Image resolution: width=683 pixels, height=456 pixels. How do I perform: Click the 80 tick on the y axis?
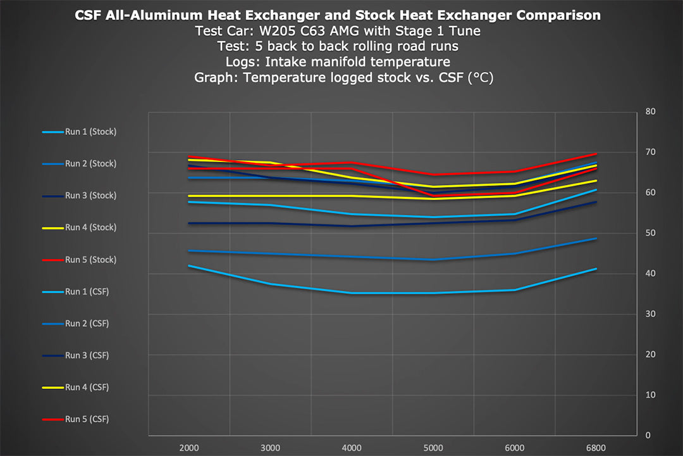[x=650, y=112]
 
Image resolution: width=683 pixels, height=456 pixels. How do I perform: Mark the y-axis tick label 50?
[x=650, y=233]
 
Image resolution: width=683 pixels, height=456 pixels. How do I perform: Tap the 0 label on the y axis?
[x=648, y=435]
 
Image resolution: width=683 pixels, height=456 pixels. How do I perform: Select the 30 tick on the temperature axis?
[x=650, y=314]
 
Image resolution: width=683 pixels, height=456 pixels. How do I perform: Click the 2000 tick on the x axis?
[x=189, y=447]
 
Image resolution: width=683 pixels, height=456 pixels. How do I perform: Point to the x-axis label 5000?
[x=433, y=447]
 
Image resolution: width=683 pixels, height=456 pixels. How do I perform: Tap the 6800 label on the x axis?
[x=596, y=447]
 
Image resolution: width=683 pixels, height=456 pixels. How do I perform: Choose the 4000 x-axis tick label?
[x=352, y=447]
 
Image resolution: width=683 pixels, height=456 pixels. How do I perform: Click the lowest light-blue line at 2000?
[x=189, y=266]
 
